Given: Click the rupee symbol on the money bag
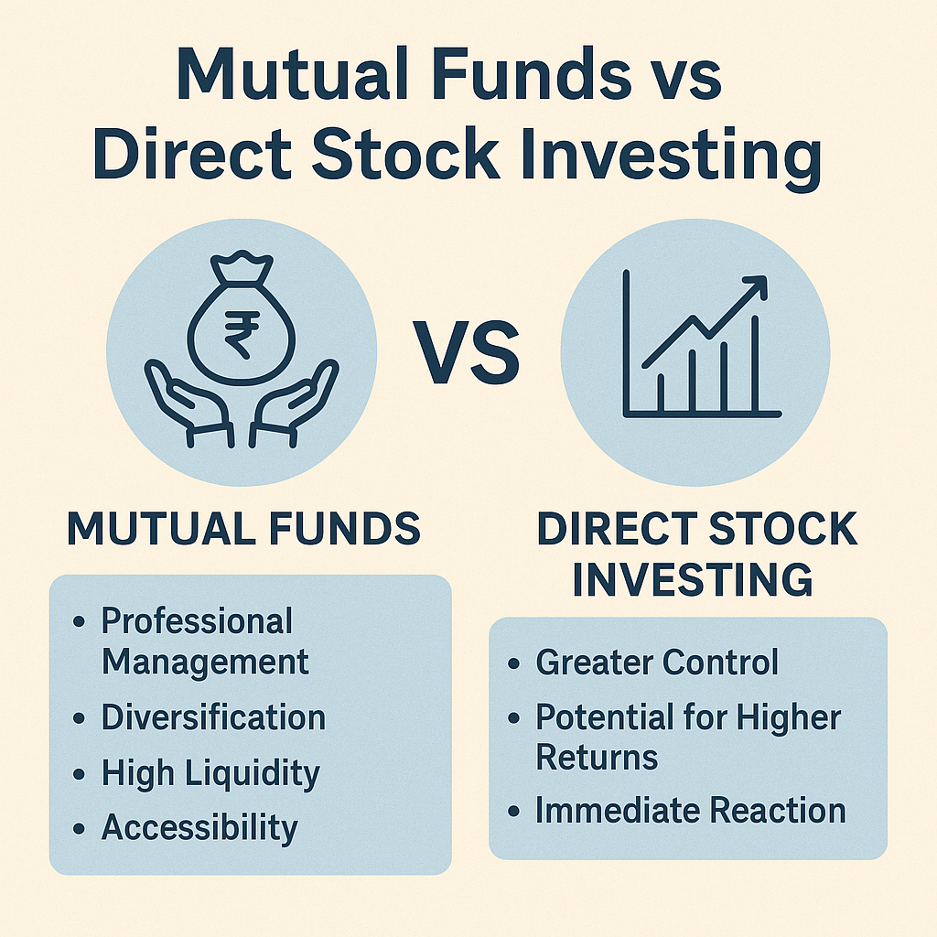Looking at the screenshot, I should pos(241,336).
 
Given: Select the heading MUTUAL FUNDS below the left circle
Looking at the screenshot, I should pos(244,530).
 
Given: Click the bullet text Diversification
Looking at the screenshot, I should pos(213,717).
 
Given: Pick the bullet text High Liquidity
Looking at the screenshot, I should pos(210,773).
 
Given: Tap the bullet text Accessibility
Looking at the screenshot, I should pos(199,828).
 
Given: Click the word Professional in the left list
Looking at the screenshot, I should pos(197,621).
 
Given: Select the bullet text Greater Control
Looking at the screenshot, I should pos(657,662).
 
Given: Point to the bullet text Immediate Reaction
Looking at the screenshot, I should pos(690,811).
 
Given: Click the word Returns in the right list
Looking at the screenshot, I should pos(597,758).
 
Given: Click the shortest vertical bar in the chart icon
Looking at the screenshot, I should pos(661,391).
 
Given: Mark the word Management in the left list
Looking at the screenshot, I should pos(205,661).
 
